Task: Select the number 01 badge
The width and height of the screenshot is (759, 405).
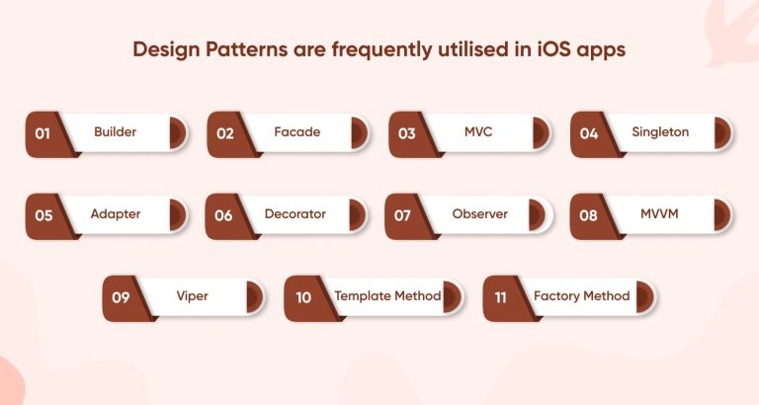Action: tap(42, 133)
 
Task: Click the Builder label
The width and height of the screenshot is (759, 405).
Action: tap(115, 132)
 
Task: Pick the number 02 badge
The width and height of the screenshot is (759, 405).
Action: tap(224, 133)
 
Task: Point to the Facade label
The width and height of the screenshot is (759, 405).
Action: tap(296, 132)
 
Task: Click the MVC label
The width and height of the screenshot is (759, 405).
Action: tap(478, 132)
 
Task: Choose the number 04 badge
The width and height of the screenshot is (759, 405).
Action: tap(588, 133)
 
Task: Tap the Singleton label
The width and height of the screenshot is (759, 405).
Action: tap(660, 132)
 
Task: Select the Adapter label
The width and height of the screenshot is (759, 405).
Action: tap(115, 214)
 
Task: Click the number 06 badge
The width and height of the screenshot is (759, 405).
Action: tap(223, 215)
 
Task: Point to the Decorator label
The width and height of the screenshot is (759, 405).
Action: tap(295, 214)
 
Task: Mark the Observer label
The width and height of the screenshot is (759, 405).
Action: tap(479, 214)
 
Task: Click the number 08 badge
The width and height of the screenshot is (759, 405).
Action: tap(588, 215)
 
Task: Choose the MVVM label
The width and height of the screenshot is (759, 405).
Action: tap(660, 214)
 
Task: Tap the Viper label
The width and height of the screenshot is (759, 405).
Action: tap(192, 296)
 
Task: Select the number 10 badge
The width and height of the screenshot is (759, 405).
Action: tap(302, 297)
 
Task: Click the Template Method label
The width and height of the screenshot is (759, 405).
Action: tap(387, 296)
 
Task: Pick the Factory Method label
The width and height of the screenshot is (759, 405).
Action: tap(581, 296)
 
